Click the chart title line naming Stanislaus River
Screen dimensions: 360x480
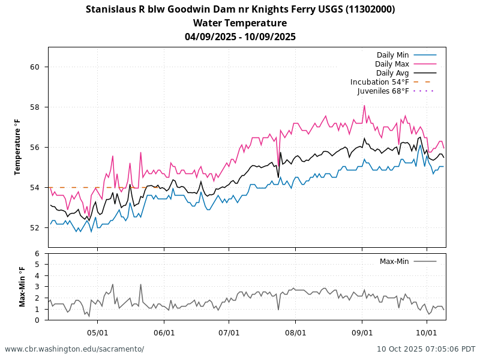(x=240, y=9)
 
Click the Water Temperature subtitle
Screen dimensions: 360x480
(x=240, y=23)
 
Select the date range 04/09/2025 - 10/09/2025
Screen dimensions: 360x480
(x=240, y=37)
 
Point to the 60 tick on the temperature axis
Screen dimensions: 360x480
(x=34, y=67)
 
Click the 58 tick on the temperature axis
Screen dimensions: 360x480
(x=34, y=107)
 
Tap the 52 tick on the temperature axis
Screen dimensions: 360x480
(x=34, y=228)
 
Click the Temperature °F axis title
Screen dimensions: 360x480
(x=18, y=147)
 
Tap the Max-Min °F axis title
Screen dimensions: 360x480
(x=23, y=287)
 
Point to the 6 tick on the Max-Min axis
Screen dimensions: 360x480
(x=37, y=254)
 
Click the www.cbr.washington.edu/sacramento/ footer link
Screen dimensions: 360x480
(x=74, y=349)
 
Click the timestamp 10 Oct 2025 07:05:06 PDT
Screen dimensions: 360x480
(x=426, y=349)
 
